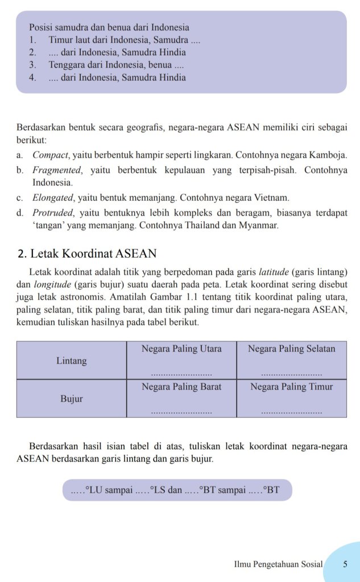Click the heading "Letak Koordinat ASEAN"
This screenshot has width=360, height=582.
point(93,253)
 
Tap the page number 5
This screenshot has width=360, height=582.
point(345,564)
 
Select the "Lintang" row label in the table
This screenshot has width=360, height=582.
point(72,361)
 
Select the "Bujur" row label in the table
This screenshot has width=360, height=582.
point(72,399)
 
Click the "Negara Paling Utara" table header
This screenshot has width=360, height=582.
point(181,349)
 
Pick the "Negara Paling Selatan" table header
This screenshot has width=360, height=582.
point(291,349)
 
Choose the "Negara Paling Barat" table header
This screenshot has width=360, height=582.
point(181,387)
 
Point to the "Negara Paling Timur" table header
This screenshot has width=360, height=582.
point(291,387)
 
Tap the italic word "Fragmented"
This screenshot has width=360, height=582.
point(55,170)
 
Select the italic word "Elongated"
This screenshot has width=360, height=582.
point(53,198)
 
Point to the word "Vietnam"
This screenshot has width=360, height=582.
point(272,198)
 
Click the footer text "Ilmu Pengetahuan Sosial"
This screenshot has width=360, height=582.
point(278,564)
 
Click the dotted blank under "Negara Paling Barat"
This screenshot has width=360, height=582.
point(181,411)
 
